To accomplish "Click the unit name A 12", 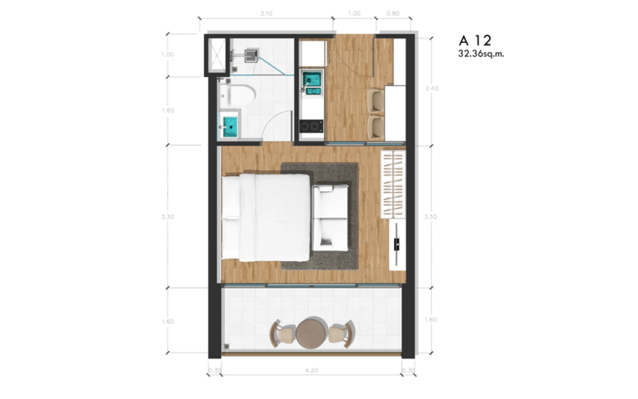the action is pyautogui.click(x=475, y=40).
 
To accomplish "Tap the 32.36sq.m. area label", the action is pyautogui.click(x=481, y=54).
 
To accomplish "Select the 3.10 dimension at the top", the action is pyautogui.click(x=266, y=13).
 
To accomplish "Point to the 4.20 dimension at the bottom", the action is pyautogui.click(x=311, y=371).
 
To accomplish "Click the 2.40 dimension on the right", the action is pyautogui.click(x=432, y=88).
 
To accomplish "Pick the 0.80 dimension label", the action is pyautogui.click(x=393, y=13).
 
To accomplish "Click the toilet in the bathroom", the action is pyautogui.click(x=237, y=95).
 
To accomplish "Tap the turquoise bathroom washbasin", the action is pyautogui.click(x=230, y=127).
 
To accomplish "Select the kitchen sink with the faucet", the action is pyautogui.click(x=311, y=82).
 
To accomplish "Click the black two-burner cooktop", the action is pyautogui.click(x=311, y=126).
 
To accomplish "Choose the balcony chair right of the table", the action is pyautogui.click(x=342, y=334).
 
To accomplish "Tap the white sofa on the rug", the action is pyautogui.click(x=331, y=218).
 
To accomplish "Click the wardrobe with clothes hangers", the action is pyautogui.click(x=393, y=184).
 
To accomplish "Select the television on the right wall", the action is pyautogui.click(x=397, y=244).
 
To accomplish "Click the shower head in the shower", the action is pyautogui.click(x=251, y=55).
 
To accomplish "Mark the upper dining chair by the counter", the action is pyautogui.click(x=376, y=101).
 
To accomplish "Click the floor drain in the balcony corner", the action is pyautogui.click(x=227, y=347).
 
